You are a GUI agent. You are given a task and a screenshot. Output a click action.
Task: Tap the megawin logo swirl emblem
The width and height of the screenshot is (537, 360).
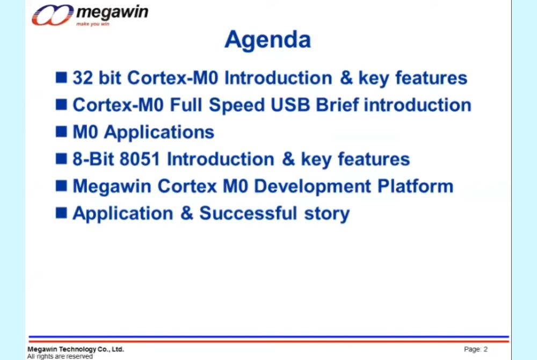tap(53, 15)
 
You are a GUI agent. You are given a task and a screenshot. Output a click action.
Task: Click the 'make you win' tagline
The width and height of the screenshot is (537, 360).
tap(93, 24)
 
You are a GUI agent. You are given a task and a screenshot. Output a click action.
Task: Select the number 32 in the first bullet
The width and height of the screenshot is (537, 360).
tap(83, 78)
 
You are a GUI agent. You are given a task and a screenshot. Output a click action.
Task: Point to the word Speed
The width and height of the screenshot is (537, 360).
tap(237, 105)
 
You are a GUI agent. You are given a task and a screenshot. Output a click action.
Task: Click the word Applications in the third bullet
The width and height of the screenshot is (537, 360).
tap(159, 133)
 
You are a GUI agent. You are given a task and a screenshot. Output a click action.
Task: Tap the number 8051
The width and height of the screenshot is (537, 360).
tap(140, 159)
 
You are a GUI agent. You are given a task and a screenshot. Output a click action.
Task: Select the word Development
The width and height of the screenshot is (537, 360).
tap(313, 187)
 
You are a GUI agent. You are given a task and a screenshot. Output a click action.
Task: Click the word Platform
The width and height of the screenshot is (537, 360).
tap(415, 186)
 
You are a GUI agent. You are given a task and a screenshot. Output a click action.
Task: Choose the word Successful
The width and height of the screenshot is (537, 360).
tap(248, 213)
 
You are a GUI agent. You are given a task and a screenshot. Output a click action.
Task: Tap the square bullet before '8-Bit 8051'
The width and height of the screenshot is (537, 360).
tap(61, 159)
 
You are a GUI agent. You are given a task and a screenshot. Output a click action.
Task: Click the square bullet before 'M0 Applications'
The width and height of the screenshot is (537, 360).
tap(61, 131)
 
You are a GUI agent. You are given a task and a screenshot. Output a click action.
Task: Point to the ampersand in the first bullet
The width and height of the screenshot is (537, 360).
tap(346, 78)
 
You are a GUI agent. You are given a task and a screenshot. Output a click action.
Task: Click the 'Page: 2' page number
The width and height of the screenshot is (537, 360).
tap(476, 349)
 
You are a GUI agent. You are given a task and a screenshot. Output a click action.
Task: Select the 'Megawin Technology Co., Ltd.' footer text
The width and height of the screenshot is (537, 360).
tap(76, 349)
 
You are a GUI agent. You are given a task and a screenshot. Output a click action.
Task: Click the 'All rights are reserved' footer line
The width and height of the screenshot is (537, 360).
tap(60, 356)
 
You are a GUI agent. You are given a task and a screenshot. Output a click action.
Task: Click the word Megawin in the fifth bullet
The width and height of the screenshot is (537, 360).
tap(112, 187)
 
